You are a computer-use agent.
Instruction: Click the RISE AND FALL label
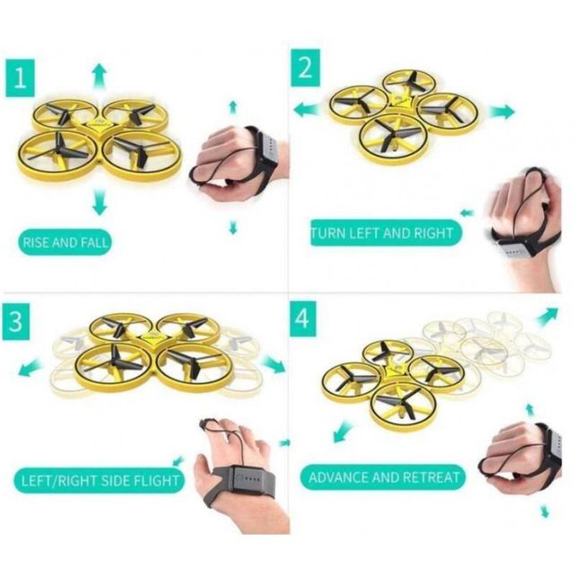point(66,242)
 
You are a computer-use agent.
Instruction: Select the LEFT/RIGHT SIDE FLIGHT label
point(100,480)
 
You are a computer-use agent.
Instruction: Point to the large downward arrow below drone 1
point(99,204)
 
